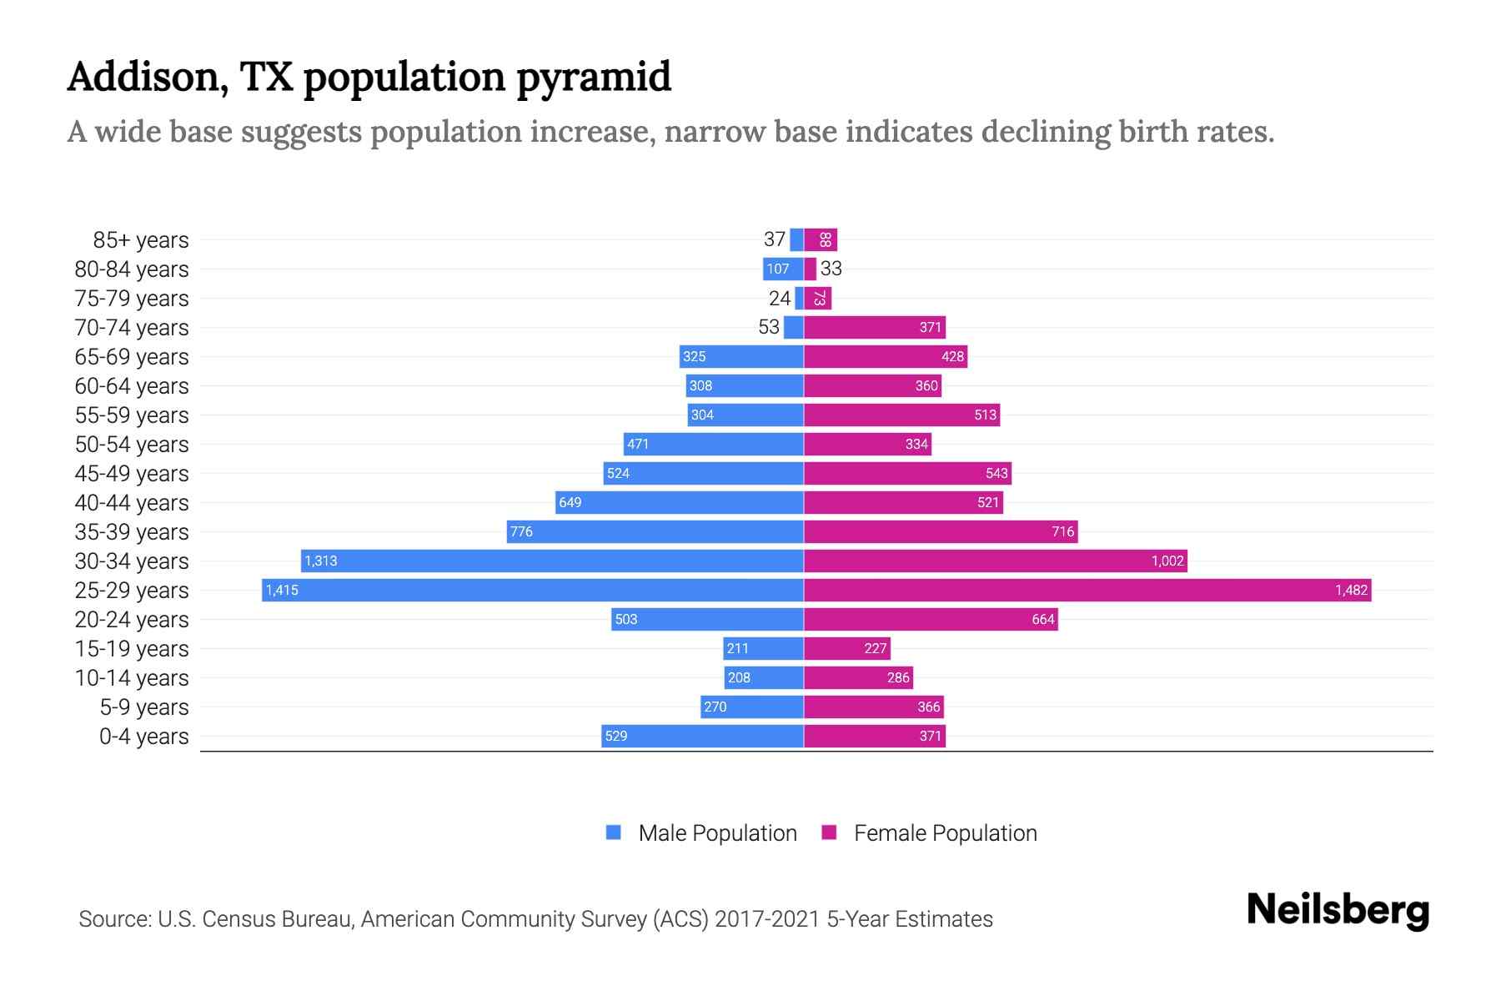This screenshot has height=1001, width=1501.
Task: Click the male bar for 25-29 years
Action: (x=534, y=591)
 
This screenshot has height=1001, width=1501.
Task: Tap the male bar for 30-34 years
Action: (x=552, y=561)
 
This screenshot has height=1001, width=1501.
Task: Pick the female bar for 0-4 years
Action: (x=874, y=737)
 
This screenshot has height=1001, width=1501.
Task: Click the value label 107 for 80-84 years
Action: (x=778, y=269)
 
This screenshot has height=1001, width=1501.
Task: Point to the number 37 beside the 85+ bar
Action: (x=774, y=239)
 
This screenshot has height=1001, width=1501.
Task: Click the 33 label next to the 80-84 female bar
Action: (x=831, y=269)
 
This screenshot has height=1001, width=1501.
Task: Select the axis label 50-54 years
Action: (x=132, y=445)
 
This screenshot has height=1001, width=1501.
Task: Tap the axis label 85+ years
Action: (x=141, y=240)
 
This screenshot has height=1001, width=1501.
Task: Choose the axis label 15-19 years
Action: (x=132, y=649)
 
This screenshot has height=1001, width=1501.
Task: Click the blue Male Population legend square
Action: (x=614, y=832)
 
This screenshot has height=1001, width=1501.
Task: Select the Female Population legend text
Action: (x=945, y=833)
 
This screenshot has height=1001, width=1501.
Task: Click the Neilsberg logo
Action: (x=1338, y=910)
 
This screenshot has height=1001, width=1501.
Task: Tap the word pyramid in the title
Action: (x=593, y=78)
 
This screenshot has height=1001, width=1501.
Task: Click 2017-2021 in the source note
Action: (x=767, y=919)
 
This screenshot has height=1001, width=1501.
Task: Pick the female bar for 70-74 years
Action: (x=874, y=328)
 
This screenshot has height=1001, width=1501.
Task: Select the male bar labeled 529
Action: (x=702, y=737)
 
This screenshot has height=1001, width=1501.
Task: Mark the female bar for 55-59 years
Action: (x=901, y=415)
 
